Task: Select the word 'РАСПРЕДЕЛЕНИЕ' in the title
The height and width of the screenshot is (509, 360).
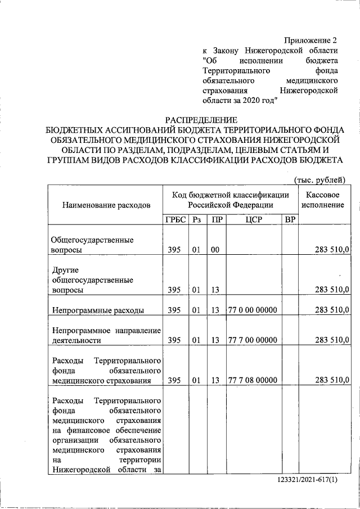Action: coord(201,119)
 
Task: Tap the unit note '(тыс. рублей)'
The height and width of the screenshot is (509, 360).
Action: coord(319,179)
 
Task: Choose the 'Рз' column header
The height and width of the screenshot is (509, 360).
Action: coord(196,219)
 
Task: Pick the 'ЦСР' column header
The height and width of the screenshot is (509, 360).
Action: coord(254,219)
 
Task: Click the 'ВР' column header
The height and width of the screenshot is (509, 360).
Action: coord(289,219)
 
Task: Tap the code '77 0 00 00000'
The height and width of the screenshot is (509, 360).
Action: coord(253,310)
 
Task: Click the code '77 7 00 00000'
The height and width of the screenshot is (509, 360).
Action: coord(253,340)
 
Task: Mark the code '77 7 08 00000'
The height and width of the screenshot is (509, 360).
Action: coord(253,380)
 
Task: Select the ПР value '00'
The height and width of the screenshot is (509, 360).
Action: coord(215,250)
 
